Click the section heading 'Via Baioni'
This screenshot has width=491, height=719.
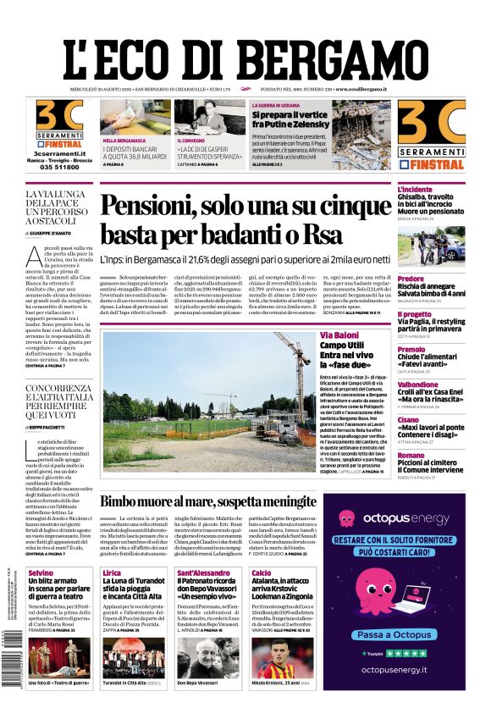pos(339,335)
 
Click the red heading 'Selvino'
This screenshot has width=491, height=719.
pos(41,573)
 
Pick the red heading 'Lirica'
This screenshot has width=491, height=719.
pos(112,573)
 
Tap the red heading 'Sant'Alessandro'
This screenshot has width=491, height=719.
pos(202,573)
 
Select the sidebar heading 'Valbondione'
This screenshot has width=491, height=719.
pos(420,384)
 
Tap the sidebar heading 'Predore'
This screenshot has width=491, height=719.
pos(411,279)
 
